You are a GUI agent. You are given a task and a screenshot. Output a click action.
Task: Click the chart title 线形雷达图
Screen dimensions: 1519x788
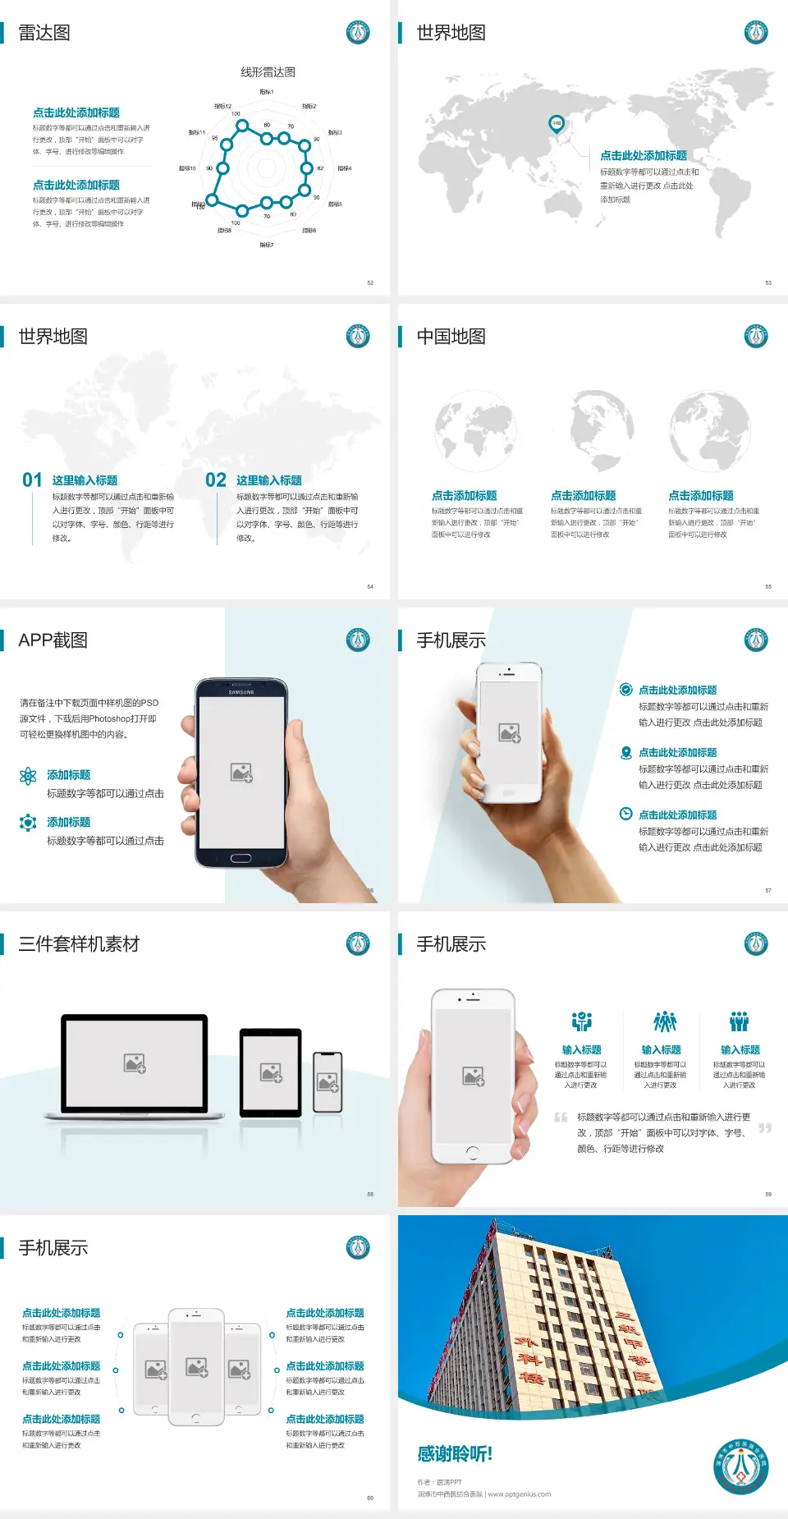point(268,72)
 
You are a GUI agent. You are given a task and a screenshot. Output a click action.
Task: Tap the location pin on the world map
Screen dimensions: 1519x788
point(556,124)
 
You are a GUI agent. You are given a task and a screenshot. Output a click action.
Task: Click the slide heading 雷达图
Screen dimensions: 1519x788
point(44,33)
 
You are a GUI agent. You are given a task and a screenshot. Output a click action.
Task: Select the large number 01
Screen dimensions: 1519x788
point(32,480)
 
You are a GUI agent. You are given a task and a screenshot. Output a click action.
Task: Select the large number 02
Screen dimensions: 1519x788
point(216,480)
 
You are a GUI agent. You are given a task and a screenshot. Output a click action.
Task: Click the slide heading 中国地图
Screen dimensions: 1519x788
point(451,337)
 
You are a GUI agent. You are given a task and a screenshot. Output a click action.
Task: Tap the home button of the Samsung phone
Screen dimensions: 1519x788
point(241,858)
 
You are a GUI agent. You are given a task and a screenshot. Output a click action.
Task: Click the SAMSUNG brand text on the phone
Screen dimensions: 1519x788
point(241,692)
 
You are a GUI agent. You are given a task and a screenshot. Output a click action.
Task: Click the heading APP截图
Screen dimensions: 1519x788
point(53,640)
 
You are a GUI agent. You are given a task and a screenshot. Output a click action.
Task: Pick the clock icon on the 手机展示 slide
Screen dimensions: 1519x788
point(625,814)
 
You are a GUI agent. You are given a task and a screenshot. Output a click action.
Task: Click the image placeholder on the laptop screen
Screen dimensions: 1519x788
point(135,1063)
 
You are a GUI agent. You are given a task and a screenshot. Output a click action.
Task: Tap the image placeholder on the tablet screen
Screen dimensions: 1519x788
point(271,1072)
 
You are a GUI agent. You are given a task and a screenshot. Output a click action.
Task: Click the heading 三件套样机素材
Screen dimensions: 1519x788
point(79,944)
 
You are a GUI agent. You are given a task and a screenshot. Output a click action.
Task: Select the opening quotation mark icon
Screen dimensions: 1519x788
point(561,1117)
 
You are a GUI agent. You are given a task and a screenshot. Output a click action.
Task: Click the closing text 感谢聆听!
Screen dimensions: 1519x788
point(455,1454)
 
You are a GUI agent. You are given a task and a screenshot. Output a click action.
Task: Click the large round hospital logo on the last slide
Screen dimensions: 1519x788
point(740,1466)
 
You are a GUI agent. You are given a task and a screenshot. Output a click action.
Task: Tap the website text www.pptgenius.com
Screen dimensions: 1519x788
point(520,1494)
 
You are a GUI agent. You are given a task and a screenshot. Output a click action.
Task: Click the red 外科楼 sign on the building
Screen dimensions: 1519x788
point(525,1359)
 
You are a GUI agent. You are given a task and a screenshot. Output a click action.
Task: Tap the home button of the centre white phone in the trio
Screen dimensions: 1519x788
point(195,1418)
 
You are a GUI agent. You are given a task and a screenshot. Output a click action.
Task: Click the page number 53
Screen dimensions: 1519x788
point(768,282)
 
